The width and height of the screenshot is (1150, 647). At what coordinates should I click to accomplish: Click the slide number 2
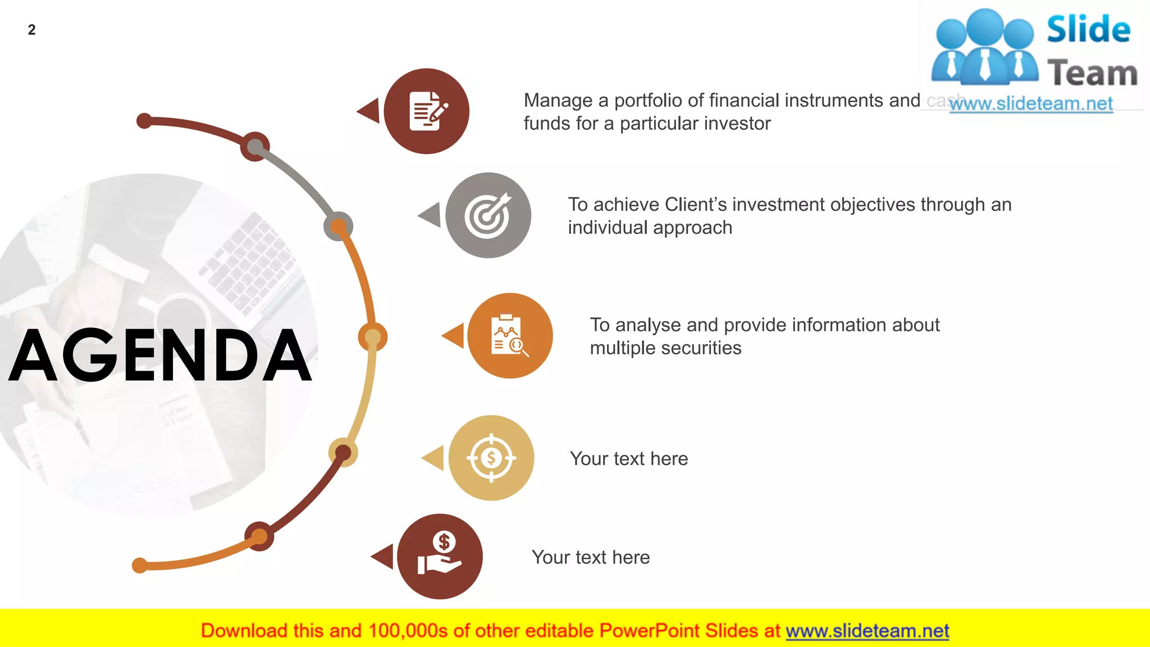[31, 30]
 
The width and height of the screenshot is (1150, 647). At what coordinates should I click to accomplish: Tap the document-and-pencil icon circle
[427, 111]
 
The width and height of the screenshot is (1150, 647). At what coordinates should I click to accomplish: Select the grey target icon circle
[488, 215]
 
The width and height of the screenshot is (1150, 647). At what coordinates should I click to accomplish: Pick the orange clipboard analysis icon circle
[510, 336]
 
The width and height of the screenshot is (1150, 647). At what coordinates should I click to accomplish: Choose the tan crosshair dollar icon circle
[491, 458]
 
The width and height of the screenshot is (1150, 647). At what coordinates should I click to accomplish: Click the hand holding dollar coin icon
[440, 556]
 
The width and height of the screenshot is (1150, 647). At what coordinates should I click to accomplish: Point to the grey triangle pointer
[431, 215]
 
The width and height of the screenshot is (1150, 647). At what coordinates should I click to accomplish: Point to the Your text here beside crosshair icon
[629, 459]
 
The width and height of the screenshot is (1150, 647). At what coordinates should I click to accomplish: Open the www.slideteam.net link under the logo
[1031, 104]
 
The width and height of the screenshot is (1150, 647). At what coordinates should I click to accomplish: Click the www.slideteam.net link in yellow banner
[867, 631]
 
